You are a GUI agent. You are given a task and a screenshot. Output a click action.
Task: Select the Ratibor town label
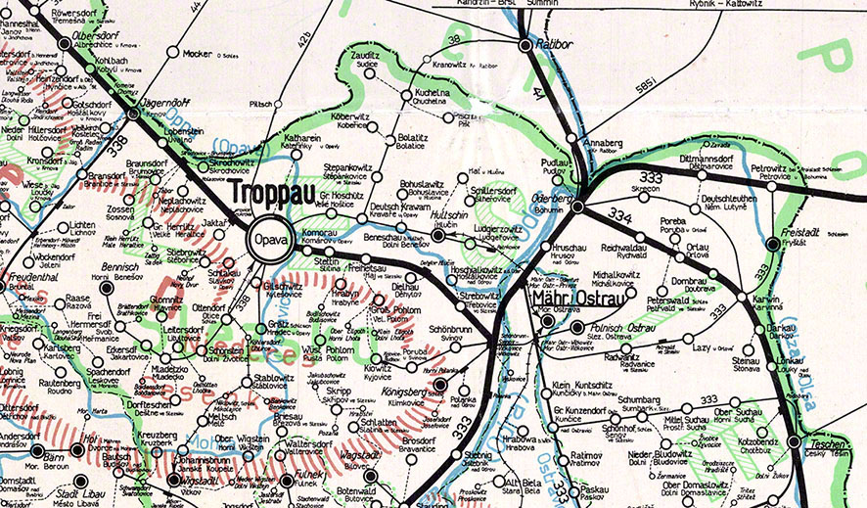click(556, 44)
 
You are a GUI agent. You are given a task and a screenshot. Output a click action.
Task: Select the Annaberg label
click(602, 142)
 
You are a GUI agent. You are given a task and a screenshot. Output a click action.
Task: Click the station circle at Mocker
click(172, 52)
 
